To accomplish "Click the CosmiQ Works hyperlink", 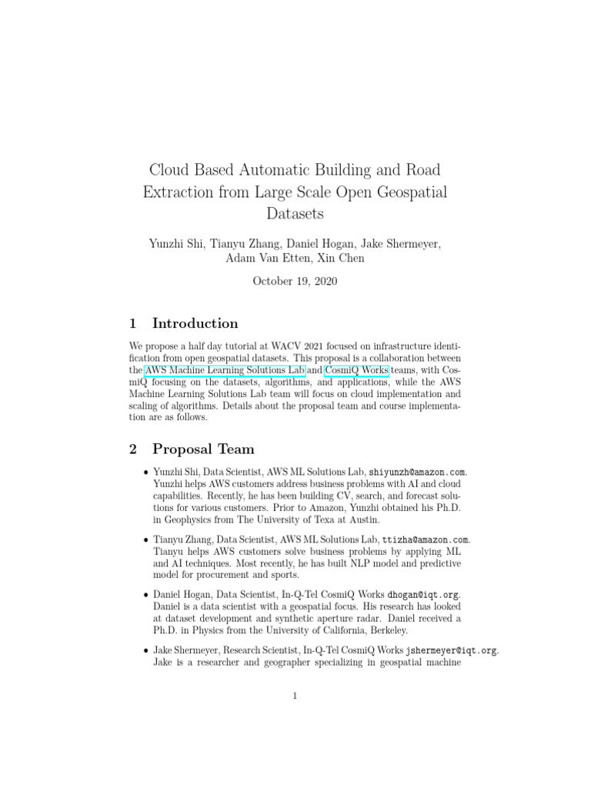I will (x=356, y=370).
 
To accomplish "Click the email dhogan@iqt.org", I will (x=423, y=594).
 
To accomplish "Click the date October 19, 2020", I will (x=295, y=282).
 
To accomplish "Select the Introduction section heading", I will (x=195, y=323).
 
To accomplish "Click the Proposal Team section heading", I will (x=203, y=449).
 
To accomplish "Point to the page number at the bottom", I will (x=295, y=696).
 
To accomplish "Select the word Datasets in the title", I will (x=295, y=212).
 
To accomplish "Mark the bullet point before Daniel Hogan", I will (x=145, y=596).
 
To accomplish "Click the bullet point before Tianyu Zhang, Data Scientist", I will (x=145, y=541).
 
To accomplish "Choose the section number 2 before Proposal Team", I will (x=132, y=449).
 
